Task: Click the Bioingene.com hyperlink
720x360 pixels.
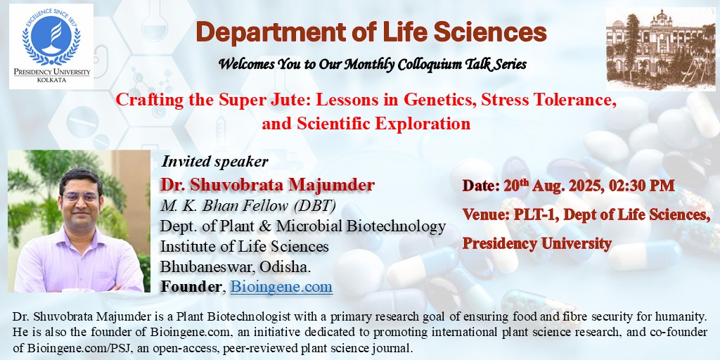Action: (281, 287)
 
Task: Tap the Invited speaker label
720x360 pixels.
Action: (214, 161)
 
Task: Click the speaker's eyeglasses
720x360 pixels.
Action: (81, 198)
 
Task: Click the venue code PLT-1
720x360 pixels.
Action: (527, 214)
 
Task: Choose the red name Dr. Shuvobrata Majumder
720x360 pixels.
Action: (268, 185)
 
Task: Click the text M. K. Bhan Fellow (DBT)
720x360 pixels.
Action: (248, 206)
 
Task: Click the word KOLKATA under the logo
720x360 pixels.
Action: (51, 80)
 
